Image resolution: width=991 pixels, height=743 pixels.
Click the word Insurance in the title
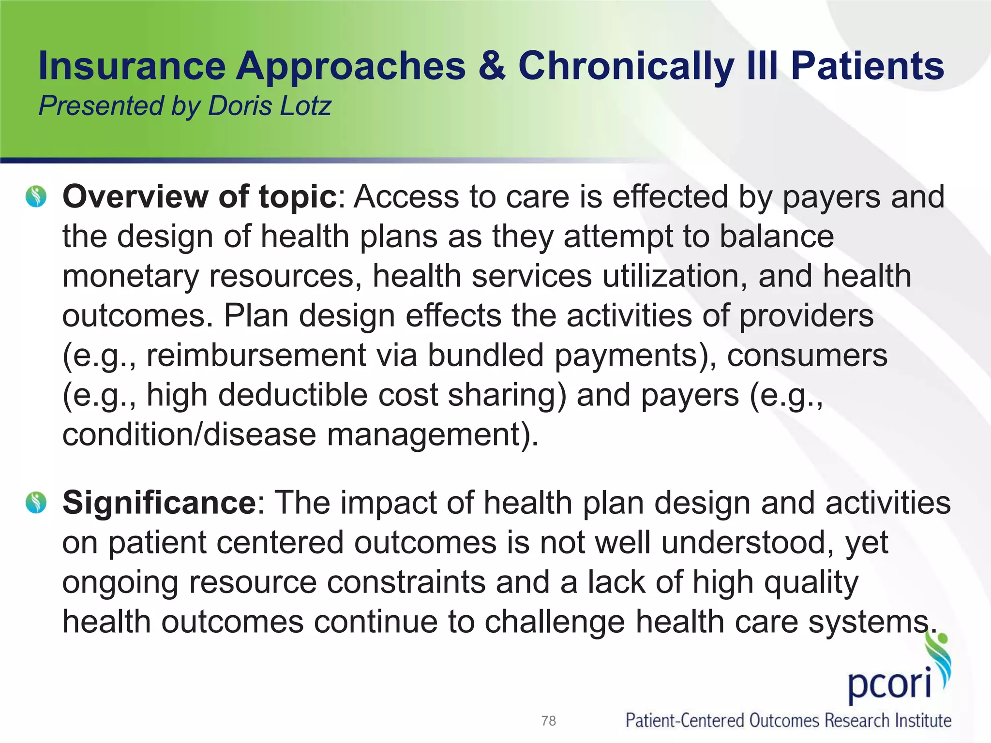132,66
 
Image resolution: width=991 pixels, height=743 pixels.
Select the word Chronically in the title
626,66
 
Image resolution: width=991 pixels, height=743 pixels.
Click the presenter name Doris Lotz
270,106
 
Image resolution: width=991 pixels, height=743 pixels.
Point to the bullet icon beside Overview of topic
36,197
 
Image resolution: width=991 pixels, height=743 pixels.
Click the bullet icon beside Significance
36,502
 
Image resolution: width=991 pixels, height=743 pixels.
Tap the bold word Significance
159,502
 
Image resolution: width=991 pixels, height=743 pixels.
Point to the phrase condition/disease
189,434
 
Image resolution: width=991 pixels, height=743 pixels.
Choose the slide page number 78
548,721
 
